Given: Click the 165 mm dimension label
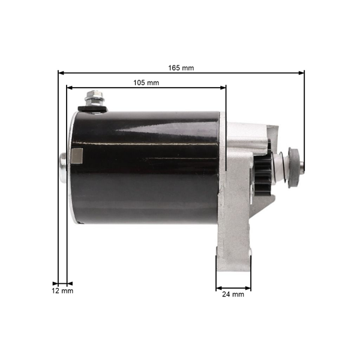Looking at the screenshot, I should pos(181,68).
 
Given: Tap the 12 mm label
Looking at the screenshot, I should pos(62,291).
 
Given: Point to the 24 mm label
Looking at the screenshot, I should pos(233,295).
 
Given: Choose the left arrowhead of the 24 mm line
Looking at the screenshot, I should pos(218,287).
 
